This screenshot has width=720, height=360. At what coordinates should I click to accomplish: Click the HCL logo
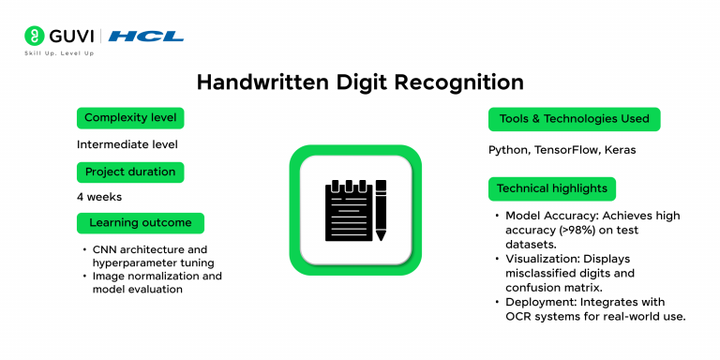146,37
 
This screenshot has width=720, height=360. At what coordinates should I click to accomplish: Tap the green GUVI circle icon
35,36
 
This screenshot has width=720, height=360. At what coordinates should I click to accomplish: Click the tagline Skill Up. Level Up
59,53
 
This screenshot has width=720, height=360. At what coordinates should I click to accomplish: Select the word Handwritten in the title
263,82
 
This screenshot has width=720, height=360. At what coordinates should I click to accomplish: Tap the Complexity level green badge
130,118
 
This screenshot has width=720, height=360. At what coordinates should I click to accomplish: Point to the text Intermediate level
127,144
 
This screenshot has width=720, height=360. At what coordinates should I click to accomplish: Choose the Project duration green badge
130,172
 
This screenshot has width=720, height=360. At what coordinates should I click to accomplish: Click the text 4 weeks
99,197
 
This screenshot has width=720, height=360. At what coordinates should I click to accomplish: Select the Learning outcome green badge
141,223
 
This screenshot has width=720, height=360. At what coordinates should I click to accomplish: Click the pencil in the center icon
381,210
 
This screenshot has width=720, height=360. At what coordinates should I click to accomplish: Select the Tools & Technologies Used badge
575,119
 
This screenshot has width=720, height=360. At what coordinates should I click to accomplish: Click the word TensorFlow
566,150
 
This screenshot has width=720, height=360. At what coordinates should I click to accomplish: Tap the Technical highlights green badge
552,188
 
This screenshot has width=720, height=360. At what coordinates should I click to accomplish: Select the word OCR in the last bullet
517,317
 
